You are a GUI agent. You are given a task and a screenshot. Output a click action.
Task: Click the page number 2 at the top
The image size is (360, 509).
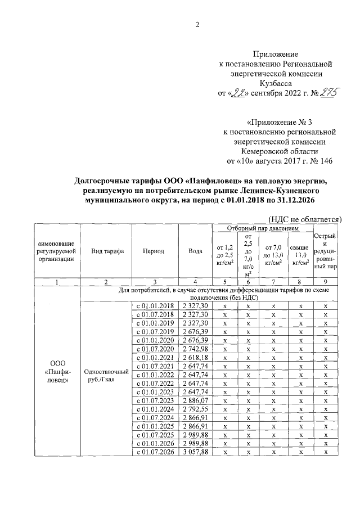click(x=197, y=24)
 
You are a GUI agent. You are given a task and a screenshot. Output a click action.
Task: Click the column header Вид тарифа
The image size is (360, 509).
click(x=107, y=251)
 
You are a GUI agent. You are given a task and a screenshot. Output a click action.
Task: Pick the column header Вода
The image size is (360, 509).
click(x=195, y=251)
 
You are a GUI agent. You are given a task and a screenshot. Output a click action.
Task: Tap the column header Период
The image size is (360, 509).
click(x=154, y=251)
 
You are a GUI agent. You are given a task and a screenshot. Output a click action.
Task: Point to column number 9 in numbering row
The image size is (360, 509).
click(x=326, y=281)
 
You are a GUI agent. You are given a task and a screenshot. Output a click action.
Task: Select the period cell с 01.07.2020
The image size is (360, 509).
click(x=154, y=349)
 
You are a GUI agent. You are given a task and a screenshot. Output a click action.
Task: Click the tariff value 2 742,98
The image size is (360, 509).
click(x=195, y=349)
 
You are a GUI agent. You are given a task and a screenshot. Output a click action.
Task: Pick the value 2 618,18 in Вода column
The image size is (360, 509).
click(x=195, y=358)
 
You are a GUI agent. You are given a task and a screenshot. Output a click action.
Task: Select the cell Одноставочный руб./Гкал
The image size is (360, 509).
click(x=106, y=376)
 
